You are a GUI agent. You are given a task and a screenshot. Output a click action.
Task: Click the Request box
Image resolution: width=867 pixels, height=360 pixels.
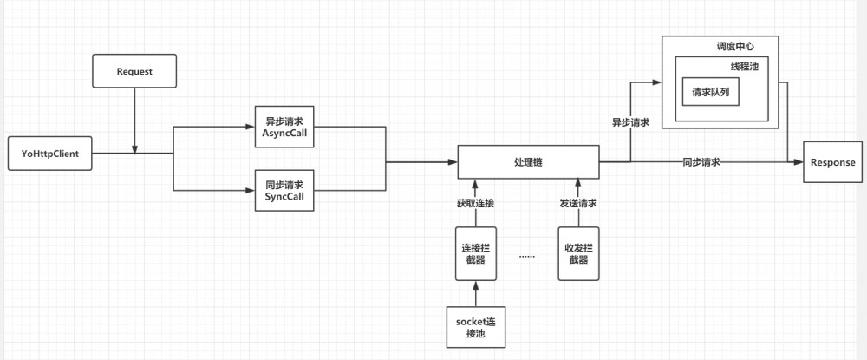point(134,71)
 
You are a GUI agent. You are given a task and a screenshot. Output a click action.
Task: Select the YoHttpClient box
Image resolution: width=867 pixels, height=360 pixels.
point(49,154)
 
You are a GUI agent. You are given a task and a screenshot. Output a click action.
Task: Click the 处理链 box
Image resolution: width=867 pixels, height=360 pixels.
point(527,162)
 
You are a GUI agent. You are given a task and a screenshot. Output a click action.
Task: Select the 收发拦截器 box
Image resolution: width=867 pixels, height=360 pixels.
point(578,253)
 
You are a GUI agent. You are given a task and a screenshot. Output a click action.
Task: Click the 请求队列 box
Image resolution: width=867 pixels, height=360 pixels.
point(710,91)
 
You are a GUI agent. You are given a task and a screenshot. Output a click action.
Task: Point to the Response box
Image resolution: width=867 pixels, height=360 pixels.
point(832,162)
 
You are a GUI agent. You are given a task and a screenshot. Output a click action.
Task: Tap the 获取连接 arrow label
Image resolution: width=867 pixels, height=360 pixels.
point(476,204)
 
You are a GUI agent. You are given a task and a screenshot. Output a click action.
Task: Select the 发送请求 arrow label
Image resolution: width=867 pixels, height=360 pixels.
point(577,204)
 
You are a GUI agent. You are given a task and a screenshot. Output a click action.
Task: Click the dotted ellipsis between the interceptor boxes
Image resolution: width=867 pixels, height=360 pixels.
point(527,256)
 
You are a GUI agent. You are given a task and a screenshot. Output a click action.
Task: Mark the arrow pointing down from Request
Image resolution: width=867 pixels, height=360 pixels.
point(134,121)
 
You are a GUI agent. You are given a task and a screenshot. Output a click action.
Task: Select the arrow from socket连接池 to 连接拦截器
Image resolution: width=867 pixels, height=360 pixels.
point(475,293)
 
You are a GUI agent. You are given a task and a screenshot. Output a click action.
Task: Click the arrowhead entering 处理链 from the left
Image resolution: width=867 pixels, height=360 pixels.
point(453,162)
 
